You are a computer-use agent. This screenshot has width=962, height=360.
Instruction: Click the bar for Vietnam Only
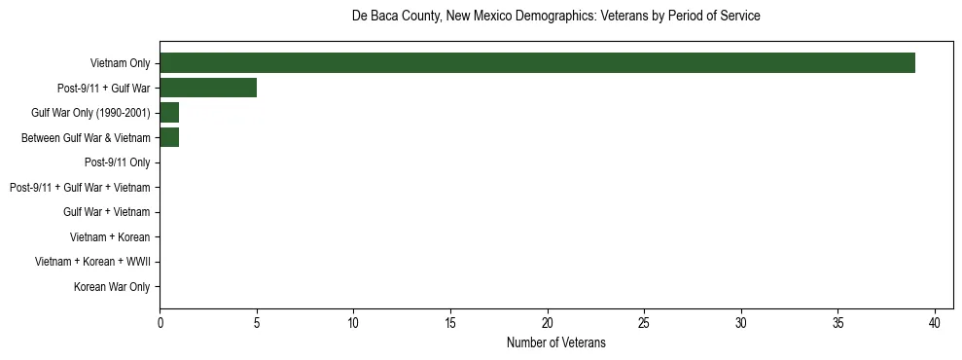click(x=537, y=63)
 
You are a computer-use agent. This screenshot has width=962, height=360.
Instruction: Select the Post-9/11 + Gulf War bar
click(x=208, y=88)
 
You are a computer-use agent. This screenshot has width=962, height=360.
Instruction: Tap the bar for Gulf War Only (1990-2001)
click(x=169, y=113)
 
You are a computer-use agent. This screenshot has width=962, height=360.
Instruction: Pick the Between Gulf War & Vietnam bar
click(x=169, y=137)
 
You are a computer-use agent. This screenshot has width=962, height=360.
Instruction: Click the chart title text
click(x=555, y=17)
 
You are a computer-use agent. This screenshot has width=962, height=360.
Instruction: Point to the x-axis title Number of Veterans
click(x=555, y=342)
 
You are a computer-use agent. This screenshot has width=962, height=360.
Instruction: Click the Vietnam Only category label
click(x=120, y=63)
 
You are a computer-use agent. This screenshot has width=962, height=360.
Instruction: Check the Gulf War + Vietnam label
click(x=106, y=212)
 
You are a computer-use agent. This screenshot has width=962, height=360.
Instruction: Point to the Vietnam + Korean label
click(x=110, y=237)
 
